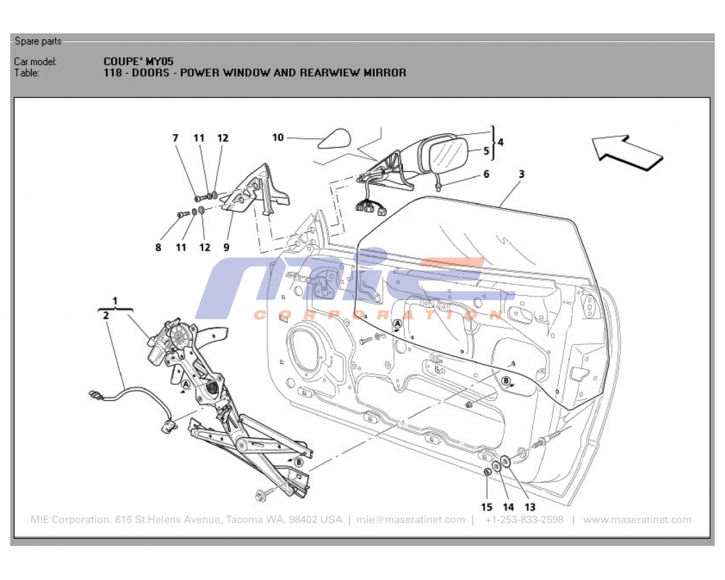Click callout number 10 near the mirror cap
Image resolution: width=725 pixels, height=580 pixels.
tap(278, 137)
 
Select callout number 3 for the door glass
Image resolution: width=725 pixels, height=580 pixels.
tap(521, 174)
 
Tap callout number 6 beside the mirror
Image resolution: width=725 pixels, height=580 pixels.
tap(486, 174)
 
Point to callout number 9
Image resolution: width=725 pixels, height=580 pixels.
tap(226, 247)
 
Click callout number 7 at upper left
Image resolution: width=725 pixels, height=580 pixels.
tap(175, 138)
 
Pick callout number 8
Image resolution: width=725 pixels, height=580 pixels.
tap(158, 247)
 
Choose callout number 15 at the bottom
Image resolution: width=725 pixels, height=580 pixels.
tap(486, 507)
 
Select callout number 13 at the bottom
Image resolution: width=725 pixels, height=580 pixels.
tap(530, 507)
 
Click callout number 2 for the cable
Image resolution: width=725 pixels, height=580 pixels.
tap(106, 315)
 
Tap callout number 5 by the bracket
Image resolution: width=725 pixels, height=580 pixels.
tap(486, 152)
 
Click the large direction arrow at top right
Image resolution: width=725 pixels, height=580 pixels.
tap(627, 151)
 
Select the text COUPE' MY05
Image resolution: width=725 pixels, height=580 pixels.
tap(138, 62)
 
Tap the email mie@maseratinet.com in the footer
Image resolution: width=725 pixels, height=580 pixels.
tap(410, 520)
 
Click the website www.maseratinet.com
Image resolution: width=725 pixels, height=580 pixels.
tap(637, 520)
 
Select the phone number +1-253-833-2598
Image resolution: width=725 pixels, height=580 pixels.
tap(523, 520)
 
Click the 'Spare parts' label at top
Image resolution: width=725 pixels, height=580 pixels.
tap(38, 41)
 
